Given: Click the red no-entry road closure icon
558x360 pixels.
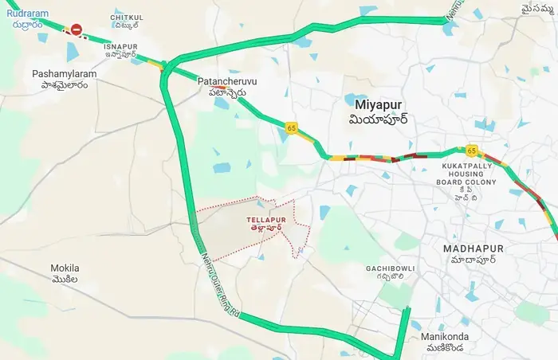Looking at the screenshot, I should point(77,29).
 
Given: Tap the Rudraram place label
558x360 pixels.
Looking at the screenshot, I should point(27,14).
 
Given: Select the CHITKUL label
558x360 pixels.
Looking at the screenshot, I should point(127,17).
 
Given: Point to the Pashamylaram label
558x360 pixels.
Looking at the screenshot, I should point(65,73).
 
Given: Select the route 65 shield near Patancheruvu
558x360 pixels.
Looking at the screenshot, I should point(293,127).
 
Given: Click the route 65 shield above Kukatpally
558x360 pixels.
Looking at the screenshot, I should point(472,150).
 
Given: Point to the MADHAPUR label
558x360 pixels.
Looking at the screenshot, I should point(473,248).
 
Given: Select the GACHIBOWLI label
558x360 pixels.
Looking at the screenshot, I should point(390,268).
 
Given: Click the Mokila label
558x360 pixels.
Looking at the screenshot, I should point(65,268).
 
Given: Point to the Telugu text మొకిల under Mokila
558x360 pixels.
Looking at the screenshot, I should point(65,280).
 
